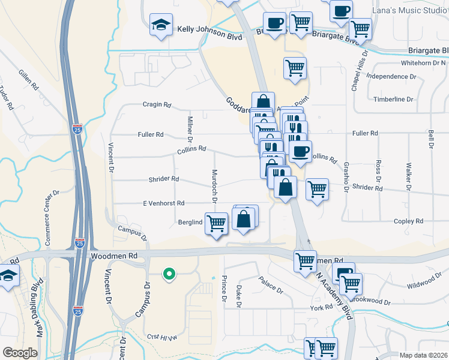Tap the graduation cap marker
coord(161,25)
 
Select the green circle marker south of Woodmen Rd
coord(169,275)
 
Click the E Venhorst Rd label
coord(163,203)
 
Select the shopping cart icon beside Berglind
coord(216,223)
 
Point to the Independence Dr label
coord(391,77)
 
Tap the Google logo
coord(20,352)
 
